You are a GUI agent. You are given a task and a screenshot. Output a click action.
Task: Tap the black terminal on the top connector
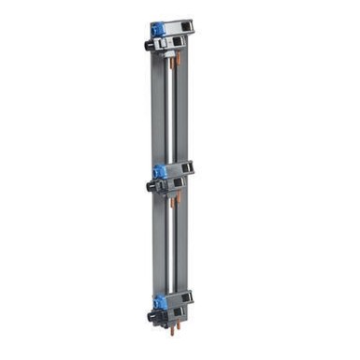point(149,44)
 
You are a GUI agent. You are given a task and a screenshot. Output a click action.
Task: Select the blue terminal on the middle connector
point(159,172)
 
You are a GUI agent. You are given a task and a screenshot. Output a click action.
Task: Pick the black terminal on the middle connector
point(150,187)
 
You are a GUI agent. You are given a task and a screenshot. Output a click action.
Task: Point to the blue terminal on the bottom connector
point(160,301)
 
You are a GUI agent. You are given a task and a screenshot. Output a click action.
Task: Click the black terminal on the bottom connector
point(151,317)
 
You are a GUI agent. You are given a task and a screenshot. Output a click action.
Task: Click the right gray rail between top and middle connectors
point(182,112)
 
